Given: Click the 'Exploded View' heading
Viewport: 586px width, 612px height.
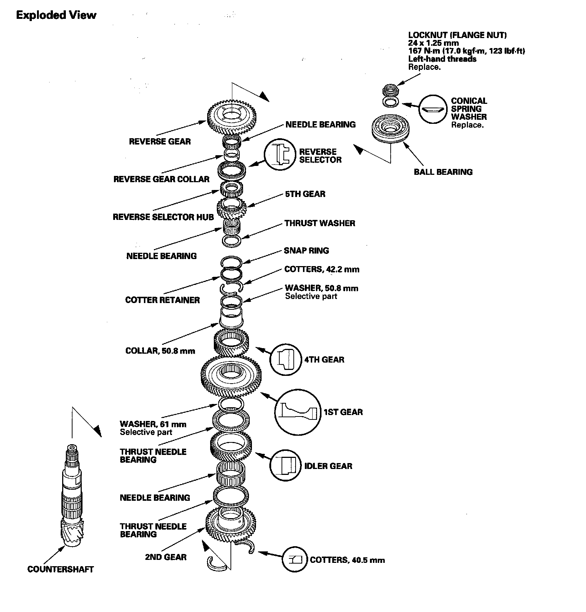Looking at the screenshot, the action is coord(56,15).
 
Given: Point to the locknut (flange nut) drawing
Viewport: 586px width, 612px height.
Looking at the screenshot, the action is coord(390,90).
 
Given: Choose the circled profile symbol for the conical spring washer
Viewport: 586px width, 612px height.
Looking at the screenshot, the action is coord(433,109).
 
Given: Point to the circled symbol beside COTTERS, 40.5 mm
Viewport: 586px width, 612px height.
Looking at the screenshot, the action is coord(295,560).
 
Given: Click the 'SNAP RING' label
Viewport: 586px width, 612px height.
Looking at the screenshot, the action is coord(306,251).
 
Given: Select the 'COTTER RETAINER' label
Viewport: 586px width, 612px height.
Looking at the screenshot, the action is coord(162,300).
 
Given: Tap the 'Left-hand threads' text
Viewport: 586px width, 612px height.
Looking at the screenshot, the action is coord(442,59).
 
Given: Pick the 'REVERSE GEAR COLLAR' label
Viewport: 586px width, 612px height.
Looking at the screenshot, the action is coord(161,179).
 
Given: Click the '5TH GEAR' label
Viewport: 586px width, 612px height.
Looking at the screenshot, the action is coord(305,194).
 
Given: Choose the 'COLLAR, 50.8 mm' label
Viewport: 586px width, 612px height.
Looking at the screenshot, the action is coord(160,351).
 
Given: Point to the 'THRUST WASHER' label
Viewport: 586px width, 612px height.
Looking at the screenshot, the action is coord(320,223).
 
